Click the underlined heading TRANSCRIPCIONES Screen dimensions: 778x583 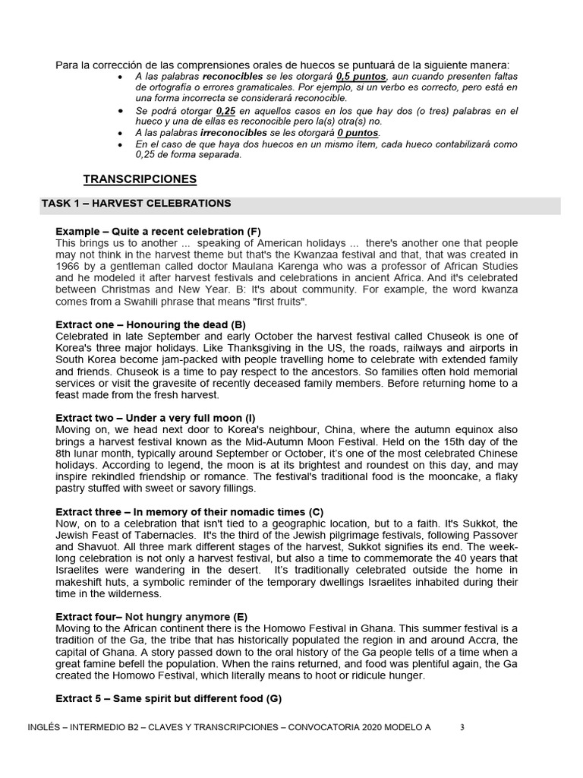140,179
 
